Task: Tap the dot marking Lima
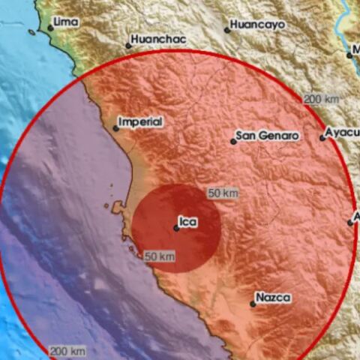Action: click(51, 28)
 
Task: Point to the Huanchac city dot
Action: click(128, 45)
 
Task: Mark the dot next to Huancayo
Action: click(227, 30)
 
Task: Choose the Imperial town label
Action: click(141, 121)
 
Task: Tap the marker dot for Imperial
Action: click(115, 128)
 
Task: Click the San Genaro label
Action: click(268, 136)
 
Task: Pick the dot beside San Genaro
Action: click(233, 141)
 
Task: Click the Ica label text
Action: click(190, 222)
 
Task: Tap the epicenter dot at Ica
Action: click(176, 228)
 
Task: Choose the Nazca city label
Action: click(273, 298)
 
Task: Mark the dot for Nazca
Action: click(253, 304)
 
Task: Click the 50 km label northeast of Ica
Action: click(223, 193)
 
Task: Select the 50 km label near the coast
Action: click(160, 256)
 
